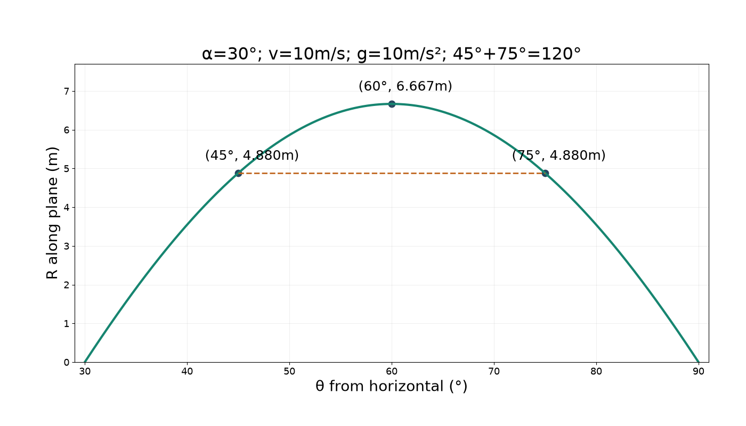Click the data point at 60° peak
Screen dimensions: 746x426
click(392, 104)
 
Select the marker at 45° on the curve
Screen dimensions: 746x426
click(238, 174)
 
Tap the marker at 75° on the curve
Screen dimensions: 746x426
click(545, 174)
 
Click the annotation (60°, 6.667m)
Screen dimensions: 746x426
click(406, 86)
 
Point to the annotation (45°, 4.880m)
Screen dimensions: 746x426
click(252, 155)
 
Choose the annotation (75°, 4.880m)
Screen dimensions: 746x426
click(558, 155)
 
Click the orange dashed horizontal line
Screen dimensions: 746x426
click(392, 174)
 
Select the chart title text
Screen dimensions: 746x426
click(391, 54)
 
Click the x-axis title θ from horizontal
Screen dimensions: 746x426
click(392, 387)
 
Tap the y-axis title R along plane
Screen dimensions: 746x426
click(52, 213)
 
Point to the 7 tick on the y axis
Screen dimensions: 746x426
click(67, 91)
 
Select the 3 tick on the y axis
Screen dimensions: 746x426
click(67, 246)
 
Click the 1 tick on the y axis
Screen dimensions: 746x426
click(67, 324)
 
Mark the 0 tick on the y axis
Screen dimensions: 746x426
click(67, 363)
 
